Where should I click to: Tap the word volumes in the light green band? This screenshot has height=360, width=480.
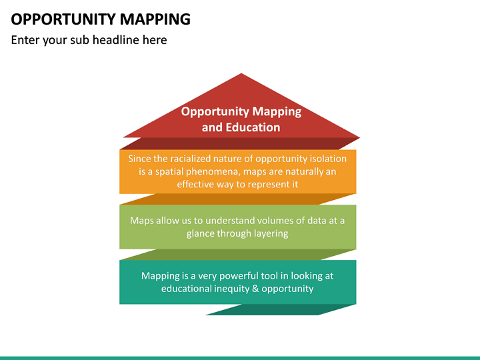click(x=265, y=221)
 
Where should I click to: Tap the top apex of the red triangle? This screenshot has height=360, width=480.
click(x=241, y=75)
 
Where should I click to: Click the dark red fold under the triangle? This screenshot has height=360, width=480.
click(x=240, y=143)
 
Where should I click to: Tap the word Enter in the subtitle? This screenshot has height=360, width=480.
click(x=25, y=40)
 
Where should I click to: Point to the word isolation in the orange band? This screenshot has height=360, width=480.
click(x=325, y=159)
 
